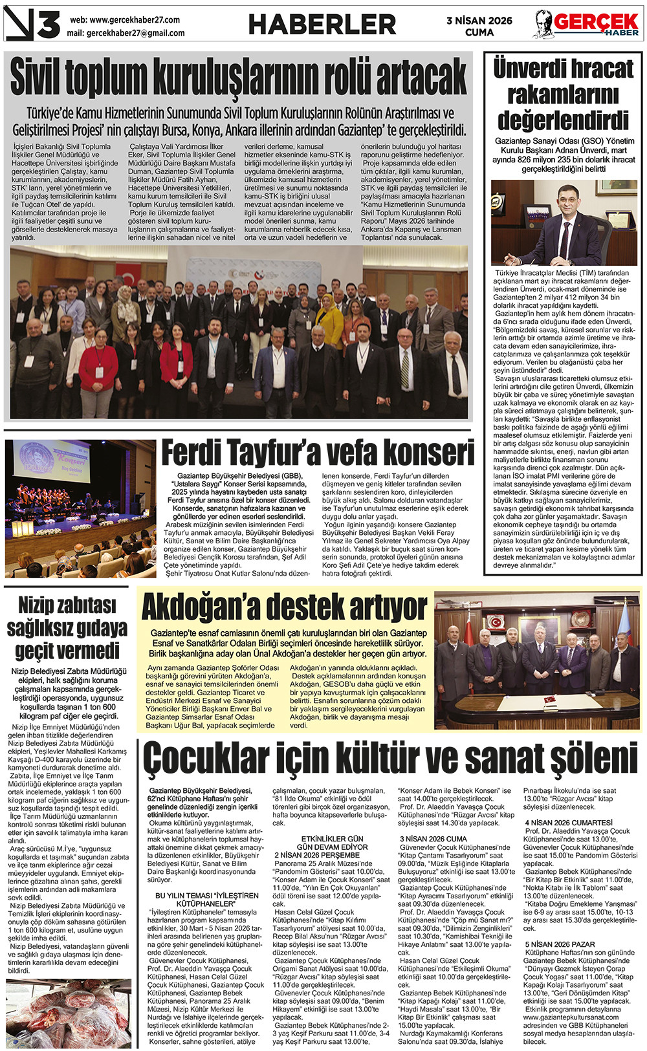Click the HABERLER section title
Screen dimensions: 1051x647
(x=322, y=25)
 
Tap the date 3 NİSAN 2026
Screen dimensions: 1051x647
(x=479, y=20)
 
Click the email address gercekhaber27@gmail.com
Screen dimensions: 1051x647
(x=135, y=33)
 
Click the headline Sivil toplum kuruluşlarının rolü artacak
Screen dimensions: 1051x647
(x=238, y=78)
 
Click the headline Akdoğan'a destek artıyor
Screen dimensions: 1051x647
(x=284, y=607)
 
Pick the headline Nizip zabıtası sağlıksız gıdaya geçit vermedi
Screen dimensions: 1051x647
(x=67, y=627)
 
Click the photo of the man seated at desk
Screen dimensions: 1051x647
(x=564, y=222)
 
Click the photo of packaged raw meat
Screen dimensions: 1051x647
(x=68, y=1013)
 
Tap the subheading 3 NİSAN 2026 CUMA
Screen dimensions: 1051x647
(x=433, y=839)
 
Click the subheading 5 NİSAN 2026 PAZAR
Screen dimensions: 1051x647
(x=560, y=944)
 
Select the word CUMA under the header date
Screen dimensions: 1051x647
(x=479, y=32)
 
